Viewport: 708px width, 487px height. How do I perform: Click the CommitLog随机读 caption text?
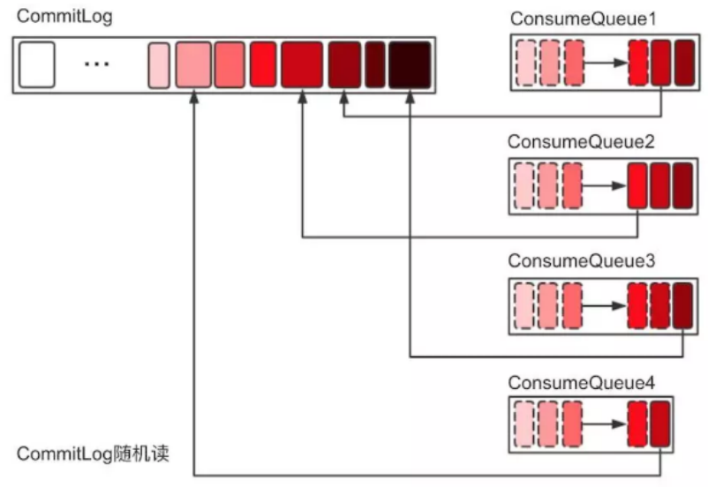coord(93,455)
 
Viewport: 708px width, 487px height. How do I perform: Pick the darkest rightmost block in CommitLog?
coord(409,64)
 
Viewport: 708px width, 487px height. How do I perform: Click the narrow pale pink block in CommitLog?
coord(159,64)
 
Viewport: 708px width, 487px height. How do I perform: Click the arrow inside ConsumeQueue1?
coord(606,64)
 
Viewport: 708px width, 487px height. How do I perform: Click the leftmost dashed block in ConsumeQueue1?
coord(527,64)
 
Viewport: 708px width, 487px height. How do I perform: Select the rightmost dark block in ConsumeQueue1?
coord(684,64)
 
